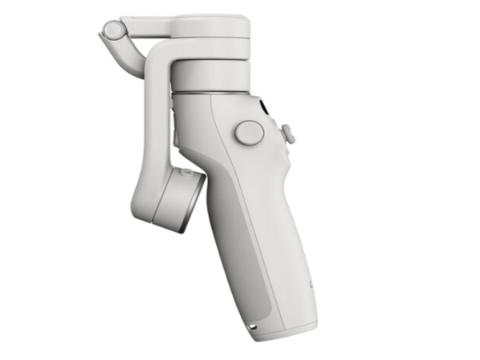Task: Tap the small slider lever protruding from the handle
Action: click(x=288, y=134)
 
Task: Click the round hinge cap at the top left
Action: click(x=112, y=31)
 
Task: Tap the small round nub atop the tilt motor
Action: click(x=186, y=170)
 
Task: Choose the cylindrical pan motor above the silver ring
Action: click(x=210, y=74)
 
